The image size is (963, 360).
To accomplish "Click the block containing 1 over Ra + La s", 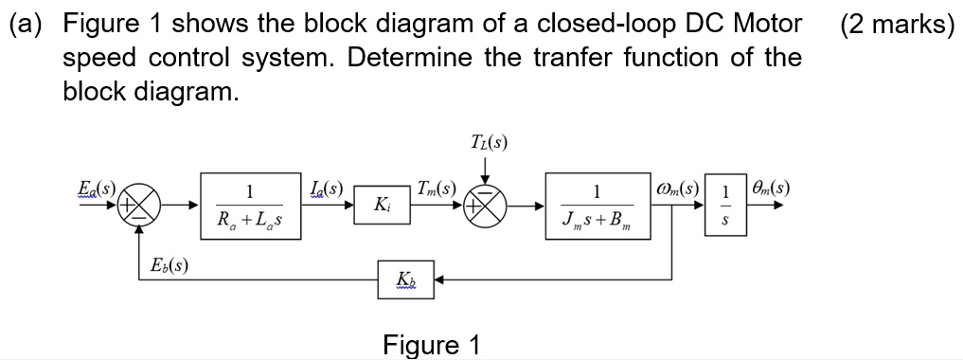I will click(249, 205).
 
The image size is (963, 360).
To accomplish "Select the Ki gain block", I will click(380, 205).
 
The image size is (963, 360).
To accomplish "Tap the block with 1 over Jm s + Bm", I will click(596, 205).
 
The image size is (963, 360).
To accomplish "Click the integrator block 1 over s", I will click(725, 205).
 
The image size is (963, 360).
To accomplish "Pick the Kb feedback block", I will click(405, 280).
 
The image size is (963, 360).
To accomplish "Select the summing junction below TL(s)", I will click(487, 205).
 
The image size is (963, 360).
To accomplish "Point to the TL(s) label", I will click(489, 144).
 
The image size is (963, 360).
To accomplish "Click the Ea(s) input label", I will click(95, 189).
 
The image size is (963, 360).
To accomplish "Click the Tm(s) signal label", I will click(437, 188).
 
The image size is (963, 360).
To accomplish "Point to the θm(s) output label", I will click(769, 189).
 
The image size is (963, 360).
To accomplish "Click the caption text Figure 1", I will click(431, 344).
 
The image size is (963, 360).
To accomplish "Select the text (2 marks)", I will click(897, 24).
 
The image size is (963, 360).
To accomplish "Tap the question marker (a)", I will click(28, 24).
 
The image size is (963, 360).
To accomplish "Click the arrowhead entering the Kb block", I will click(440, 280).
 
